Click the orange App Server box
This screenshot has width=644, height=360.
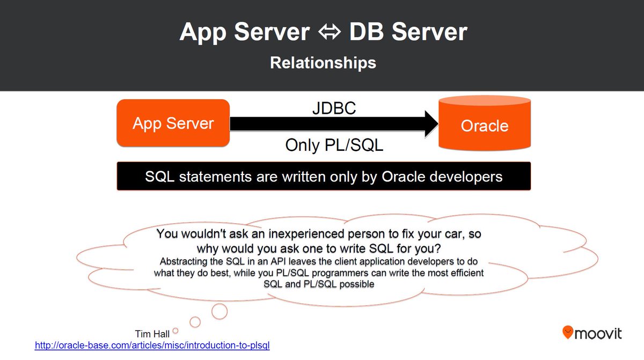pos(173,123)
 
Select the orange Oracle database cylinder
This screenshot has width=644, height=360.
pos(485,125)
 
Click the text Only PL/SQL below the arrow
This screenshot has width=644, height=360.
pos(334,145)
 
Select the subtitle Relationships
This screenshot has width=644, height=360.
pos(323,63)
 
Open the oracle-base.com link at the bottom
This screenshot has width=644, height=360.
pos(152,346)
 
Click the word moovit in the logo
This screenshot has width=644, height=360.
pos(598,334)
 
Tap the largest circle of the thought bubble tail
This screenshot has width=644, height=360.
pos(219,310)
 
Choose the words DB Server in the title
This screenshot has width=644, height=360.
pos(408,32)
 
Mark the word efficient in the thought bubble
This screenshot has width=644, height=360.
pos(465,273)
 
